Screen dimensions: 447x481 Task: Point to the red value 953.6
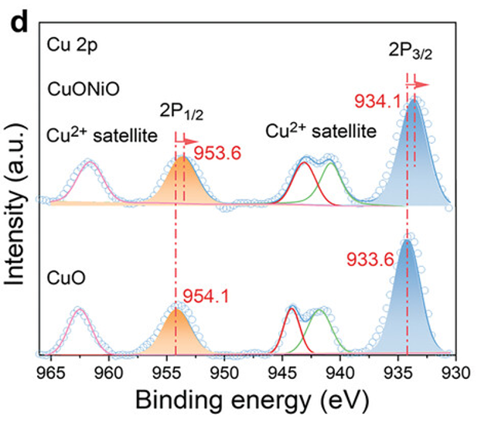click(x=216, y=152)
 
